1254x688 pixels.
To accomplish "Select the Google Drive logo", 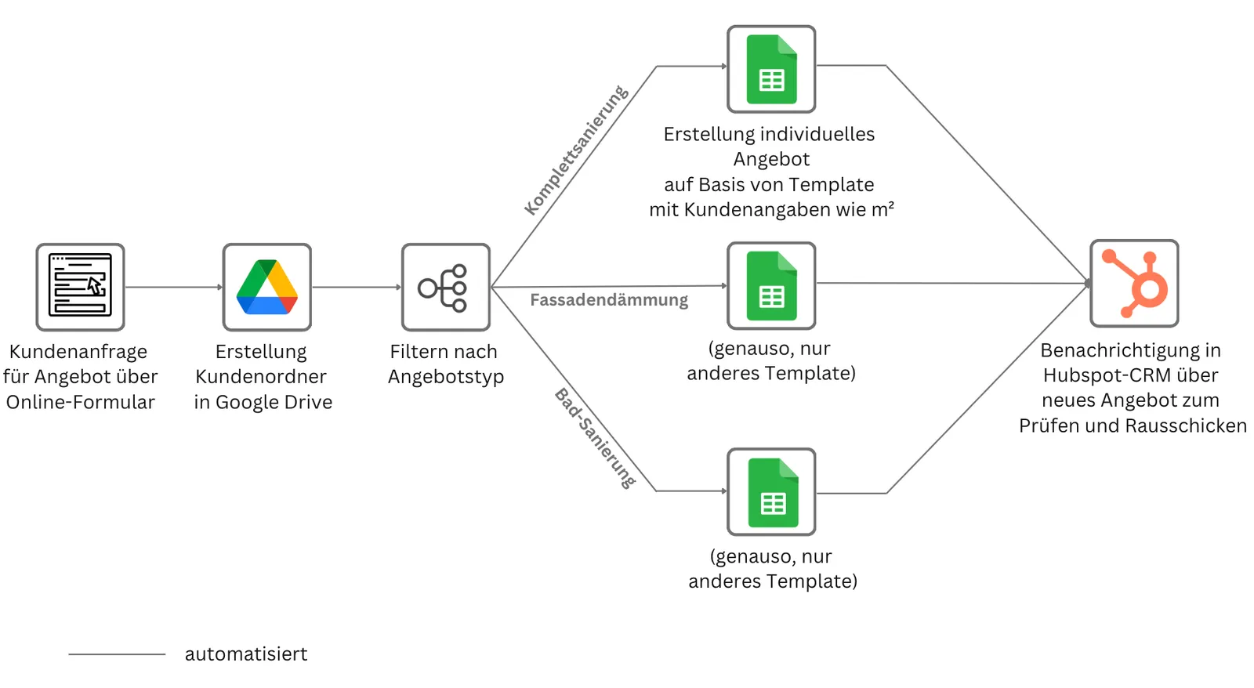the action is coord(267,287).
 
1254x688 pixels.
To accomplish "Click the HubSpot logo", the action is coord(1134,283).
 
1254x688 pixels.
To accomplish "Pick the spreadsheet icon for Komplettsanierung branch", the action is coord(771,69).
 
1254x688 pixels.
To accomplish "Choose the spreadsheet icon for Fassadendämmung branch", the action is coord(771,285).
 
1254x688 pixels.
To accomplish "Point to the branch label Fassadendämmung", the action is coord(609,300).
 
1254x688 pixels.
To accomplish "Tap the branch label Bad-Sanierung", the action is coord(595,438).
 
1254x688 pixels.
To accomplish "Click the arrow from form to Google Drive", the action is coord(173,287).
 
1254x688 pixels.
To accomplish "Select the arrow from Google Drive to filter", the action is coord(357,287).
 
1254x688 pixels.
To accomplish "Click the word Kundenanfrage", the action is coord(78,352).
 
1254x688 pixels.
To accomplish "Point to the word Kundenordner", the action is coord(261,377).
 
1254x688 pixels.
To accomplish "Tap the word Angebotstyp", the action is coord(446,377).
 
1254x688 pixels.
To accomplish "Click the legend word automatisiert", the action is coord(246,654).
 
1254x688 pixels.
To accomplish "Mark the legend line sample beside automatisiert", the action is coord(117,654).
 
